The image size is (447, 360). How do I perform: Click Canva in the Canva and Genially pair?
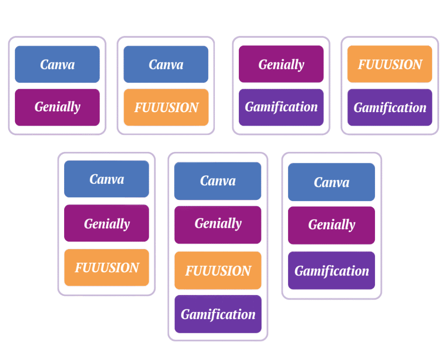(57, 65)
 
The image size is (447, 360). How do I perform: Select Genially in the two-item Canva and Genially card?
(57, 107)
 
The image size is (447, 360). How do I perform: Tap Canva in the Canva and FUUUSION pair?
(166, 65)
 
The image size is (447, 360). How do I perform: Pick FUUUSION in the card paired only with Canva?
(166, 107)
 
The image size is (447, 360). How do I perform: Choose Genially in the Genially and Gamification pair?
(281, 65)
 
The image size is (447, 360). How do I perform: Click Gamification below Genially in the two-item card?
(281, 107)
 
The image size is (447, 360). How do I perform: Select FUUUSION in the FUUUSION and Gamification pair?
(389, 65)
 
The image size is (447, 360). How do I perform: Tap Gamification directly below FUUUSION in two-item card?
(389, 107)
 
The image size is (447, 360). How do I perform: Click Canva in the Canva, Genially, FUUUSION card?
(107, 179)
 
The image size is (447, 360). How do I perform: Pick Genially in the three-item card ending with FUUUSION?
(107, 223)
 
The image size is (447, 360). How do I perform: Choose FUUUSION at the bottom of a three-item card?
(107, 267)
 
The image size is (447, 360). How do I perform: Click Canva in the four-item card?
(217, 181)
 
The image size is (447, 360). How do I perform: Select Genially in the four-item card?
(217, 224)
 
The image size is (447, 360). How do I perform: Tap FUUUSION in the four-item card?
(217, 271)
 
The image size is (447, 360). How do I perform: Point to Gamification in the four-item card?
(217, 314)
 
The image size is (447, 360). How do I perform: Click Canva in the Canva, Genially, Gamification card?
(331, 182)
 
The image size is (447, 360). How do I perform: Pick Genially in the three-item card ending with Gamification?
(331, 225)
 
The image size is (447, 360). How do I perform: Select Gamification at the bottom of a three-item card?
(331, 271)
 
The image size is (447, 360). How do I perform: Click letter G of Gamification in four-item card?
(185, 314)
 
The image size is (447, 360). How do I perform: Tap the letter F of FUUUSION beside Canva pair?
(137, 108)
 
